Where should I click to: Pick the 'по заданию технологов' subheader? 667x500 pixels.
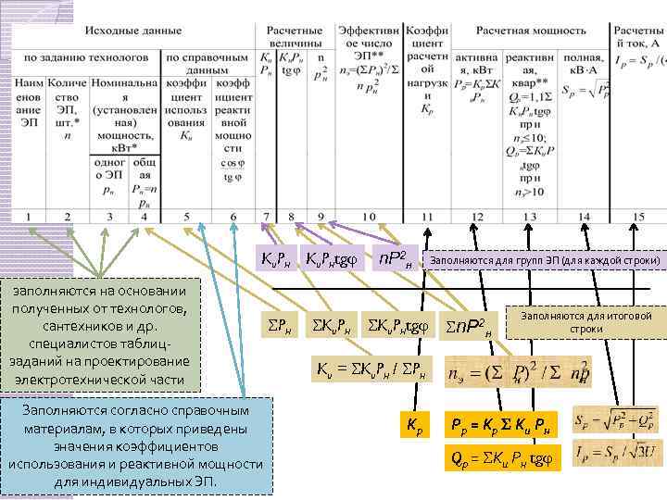tap(86, 57)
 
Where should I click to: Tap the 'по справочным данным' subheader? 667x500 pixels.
tap(208, 63)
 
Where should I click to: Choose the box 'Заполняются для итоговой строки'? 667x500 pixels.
tap(586, 322)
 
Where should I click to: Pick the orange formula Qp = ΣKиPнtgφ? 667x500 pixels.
tap(501, 456)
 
